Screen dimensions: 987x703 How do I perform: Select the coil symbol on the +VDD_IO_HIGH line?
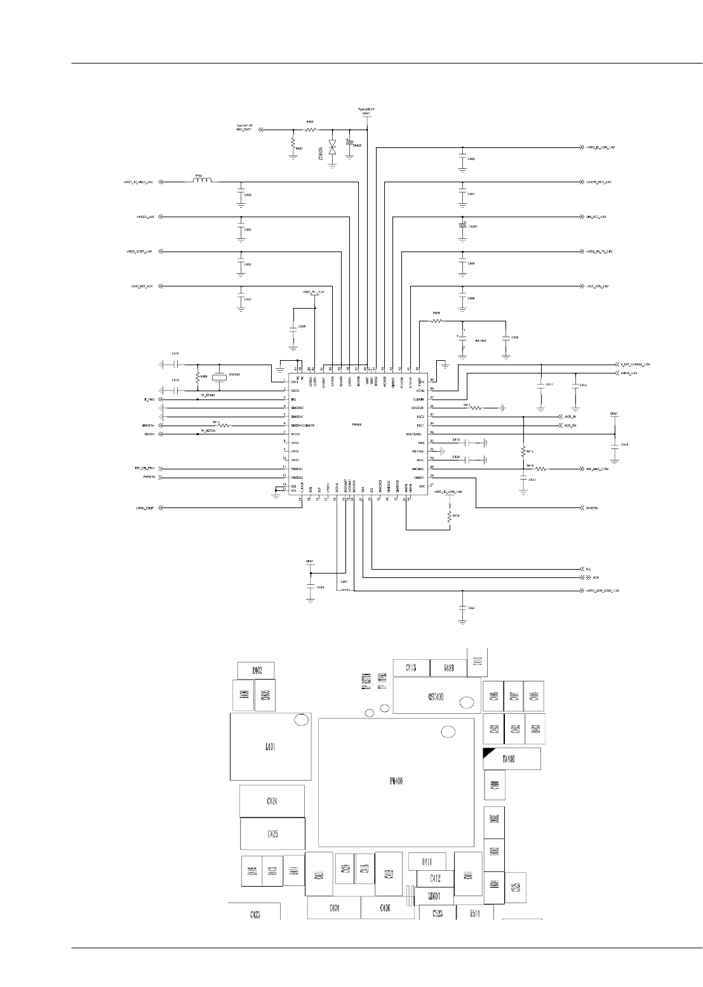click(202, 181)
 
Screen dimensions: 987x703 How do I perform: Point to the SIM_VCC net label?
click(596, 217)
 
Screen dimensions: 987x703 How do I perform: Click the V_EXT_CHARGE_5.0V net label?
click(634, 365)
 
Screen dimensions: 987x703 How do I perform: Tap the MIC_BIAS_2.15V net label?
click(598, 469)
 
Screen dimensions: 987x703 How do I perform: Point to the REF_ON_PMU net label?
click(145, 467)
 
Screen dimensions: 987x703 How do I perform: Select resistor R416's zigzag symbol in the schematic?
click(449, 518)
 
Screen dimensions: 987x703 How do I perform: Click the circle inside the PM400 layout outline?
click(448, 732)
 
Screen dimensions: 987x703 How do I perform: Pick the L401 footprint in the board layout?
click(270, 747)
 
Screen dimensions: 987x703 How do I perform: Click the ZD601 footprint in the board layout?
click(435, 896)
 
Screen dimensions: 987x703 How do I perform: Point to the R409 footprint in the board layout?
click(448, 668)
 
